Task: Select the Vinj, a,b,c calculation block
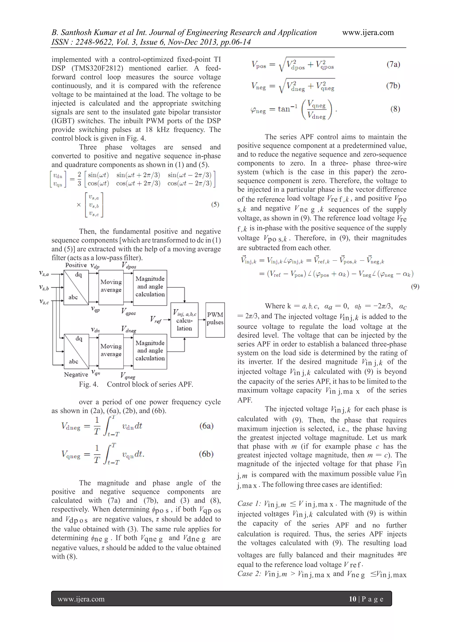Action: point(184,320)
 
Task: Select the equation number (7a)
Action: point(393,65)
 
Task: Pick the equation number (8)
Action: point(395,109)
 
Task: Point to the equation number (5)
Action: point(215,204)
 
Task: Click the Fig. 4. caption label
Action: point(88,384)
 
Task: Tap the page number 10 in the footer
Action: point(352,599)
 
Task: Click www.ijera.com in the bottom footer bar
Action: point(81,599)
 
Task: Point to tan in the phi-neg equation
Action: point(284,109)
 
